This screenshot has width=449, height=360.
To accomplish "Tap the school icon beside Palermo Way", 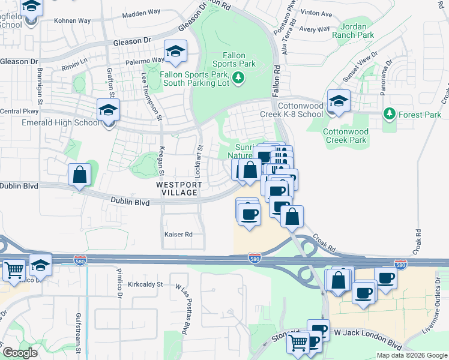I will point(175,52).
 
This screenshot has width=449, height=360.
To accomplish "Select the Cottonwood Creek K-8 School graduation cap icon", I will point(339,101).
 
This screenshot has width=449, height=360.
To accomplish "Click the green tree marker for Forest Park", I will point(390,113).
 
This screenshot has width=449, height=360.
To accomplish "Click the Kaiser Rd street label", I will point(178,234).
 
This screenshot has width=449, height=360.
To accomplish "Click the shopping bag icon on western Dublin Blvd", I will point(80,176).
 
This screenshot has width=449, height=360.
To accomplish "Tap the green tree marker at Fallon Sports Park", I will point(238,77).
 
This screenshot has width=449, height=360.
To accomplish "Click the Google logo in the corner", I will point(20,353).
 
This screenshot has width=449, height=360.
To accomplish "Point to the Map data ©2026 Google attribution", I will point(412,355).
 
